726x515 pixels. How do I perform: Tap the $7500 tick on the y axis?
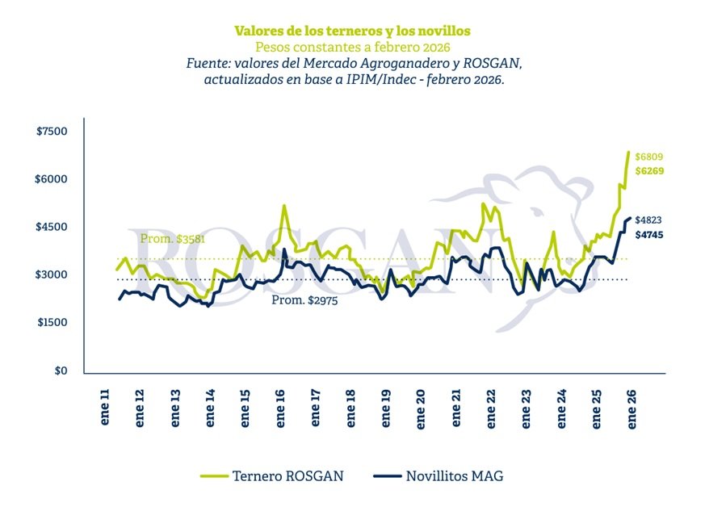52,132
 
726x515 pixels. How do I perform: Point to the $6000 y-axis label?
52,179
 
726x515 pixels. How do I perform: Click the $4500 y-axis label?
52,227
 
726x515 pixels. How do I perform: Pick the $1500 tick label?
52,323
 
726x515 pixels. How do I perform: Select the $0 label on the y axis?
60,371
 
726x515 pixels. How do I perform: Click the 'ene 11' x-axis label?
104,409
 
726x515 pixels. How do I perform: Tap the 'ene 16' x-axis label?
280,409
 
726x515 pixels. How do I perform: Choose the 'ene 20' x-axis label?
422,409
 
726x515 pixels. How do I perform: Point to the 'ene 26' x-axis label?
632,409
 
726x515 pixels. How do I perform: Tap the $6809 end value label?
648,156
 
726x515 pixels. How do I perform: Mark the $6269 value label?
648,171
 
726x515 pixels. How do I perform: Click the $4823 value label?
648,220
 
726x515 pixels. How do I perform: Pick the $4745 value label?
648,235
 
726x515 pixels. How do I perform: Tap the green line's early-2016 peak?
284,206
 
